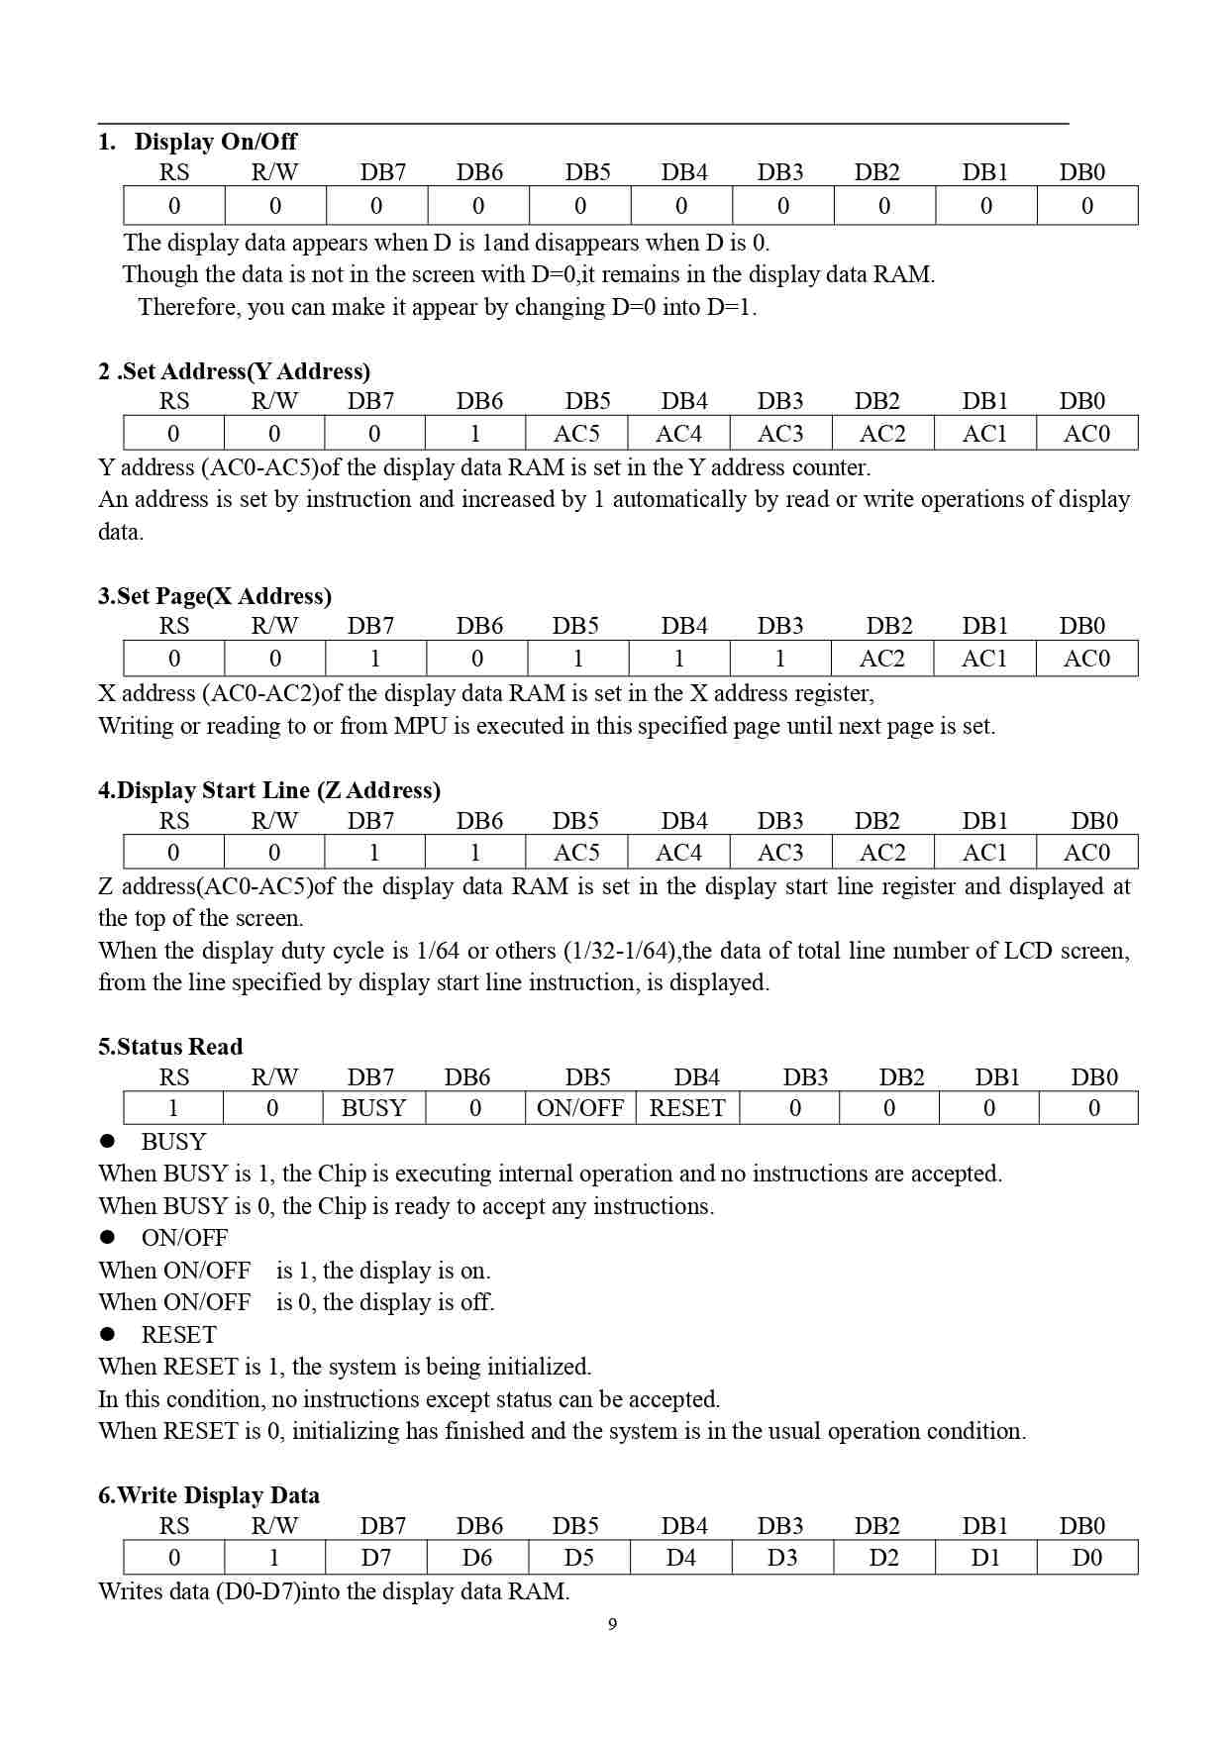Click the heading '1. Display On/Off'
(x=197, y=142)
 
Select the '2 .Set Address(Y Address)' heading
(x=234, y=371)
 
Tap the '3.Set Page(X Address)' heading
(x=214, y=596)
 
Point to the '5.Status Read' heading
(x=169, y=1047)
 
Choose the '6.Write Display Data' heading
(x=208, y=1495)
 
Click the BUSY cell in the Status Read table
(x=373, y=1108)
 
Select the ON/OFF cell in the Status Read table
(x=579, y=1108)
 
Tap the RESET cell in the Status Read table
(x=686, y=1108)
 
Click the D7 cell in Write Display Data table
(x=375, y=1558)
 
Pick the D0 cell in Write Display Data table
(x=1086, y=1558)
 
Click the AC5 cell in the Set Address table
(x=576, y=434)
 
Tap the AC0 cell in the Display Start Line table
(x=1086, y=853)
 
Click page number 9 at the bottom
(x=612, y=1624)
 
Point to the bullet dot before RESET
(x=108, y=1334)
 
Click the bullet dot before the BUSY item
(x=108, y=1141)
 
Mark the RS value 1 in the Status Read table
(x=173, y=1108)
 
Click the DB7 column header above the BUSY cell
(x=370, y=1077)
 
